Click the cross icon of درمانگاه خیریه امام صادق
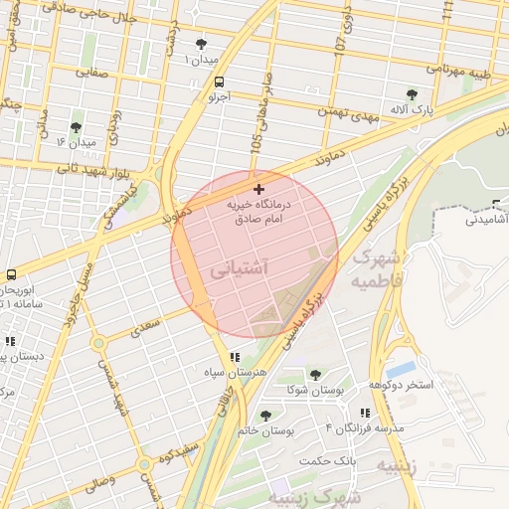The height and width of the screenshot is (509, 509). pos(259,189)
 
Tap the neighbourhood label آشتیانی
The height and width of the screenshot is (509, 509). pos(240,268)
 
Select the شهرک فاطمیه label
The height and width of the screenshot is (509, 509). pos(377,269)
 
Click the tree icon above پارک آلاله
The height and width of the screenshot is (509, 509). pos(413,94)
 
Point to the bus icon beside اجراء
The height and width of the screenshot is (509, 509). pos(219,83)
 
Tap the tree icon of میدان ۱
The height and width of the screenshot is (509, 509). pos(203,44)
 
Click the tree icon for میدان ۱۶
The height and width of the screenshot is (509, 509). pos(76,127)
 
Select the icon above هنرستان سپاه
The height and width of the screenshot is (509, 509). pos(235,357)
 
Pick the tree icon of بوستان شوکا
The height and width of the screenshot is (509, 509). pos(315,375)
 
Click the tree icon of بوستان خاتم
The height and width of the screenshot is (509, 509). pos(265,416)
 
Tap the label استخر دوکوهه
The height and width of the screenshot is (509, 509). pos(402,385)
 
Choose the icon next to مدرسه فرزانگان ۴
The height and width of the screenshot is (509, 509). pos(366,413)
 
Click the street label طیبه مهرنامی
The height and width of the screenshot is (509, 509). pos(460,70)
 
